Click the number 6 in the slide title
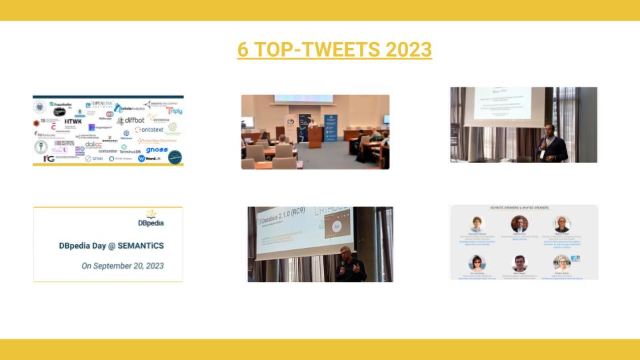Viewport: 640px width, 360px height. click(x=243, y=50)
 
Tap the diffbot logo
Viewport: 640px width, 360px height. click(x=131, y=121)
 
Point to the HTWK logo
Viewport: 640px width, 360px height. click(x=73, y=121)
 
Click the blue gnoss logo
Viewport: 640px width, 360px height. click(x=157, y=150)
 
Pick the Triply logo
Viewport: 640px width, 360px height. click(x=174, y=111)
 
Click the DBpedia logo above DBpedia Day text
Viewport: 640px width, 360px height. click(x=151, y=218)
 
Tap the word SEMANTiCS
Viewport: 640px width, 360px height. click(x=141, y=245)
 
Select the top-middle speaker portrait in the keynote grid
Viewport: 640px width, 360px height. click(x=519, y=224)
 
